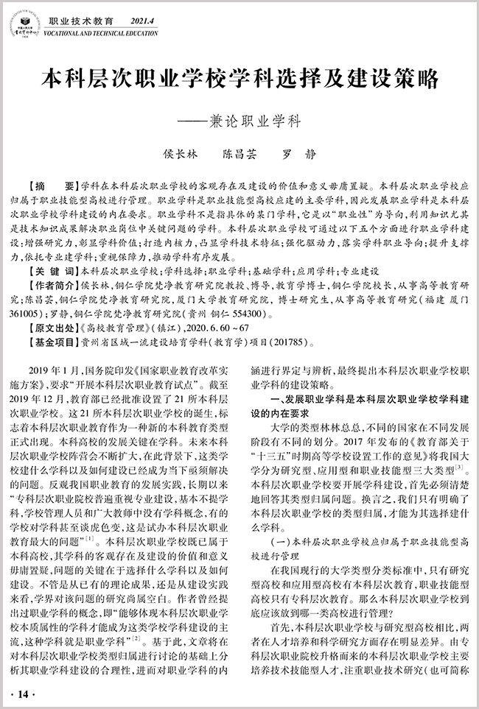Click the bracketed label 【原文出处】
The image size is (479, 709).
click(x=53, y=305)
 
